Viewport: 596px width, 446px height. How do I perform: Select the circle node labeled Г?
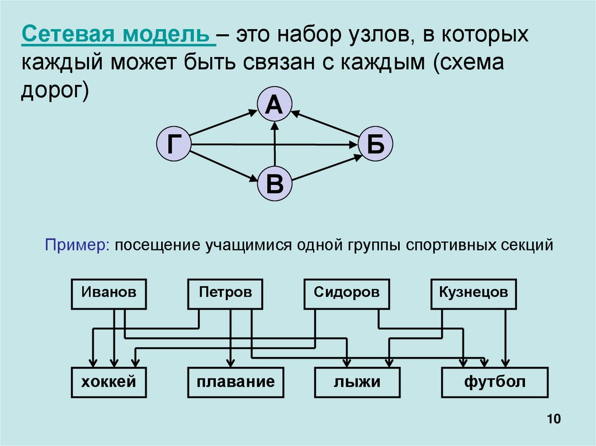tap(173, 144)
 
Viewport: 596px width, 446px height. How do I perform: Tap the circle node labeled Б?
tap(375, 144)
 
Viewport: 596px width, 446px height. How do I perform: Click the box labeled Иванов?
tap(109, 294)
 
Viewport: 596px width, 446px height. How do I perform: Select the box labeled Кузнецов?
tap(473, 294)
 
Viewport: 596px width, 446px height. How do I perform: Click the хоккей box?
tap(108, 383)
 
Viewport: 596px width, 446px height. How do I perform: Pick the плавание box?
tap(235, 383)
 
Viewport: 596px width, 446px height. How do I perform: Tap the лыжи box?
tap(357, 383)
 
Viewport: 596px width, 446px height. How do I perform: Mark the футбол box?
tap(495, 383)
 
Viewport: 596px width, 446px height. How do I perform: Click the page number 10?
tap(553, 420)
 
